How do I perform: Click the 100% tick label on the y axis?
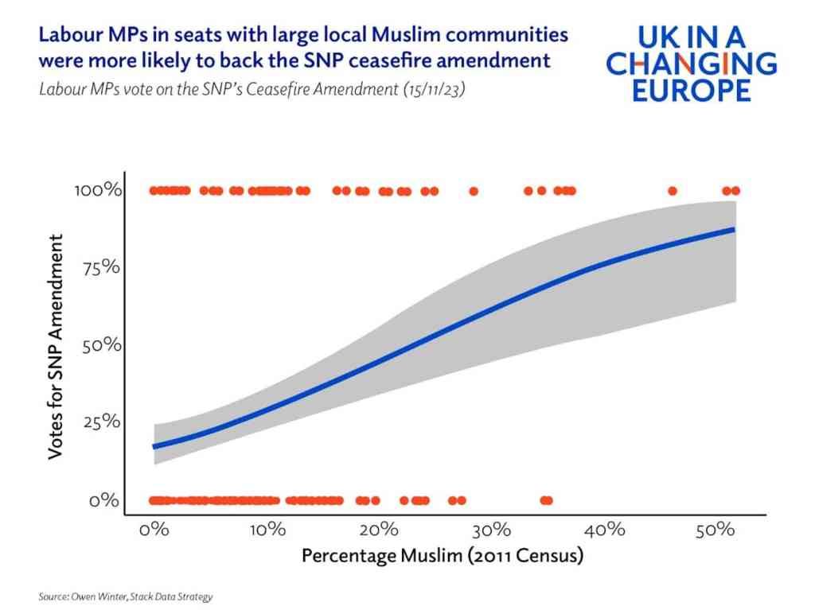tap(99, 191)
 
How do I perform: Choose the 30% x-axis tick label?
tap(491, 530)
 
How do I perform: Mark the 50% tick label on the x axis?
tap(715, 530)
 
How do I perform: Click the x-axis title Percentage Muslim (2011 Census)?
tap(443, 555)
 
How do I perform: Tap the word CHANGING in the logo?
tap(692, 64)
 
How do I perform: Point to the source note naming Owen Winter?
tap(126, 596)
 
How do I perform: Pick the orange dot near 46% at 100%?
tap(673, 191)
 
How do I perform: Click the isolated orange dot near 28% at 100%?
tap(474, 191)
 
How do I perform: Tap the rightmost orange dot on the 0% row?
tap(548, 500)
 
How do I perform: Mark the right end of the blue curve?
tap(733, 229)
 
